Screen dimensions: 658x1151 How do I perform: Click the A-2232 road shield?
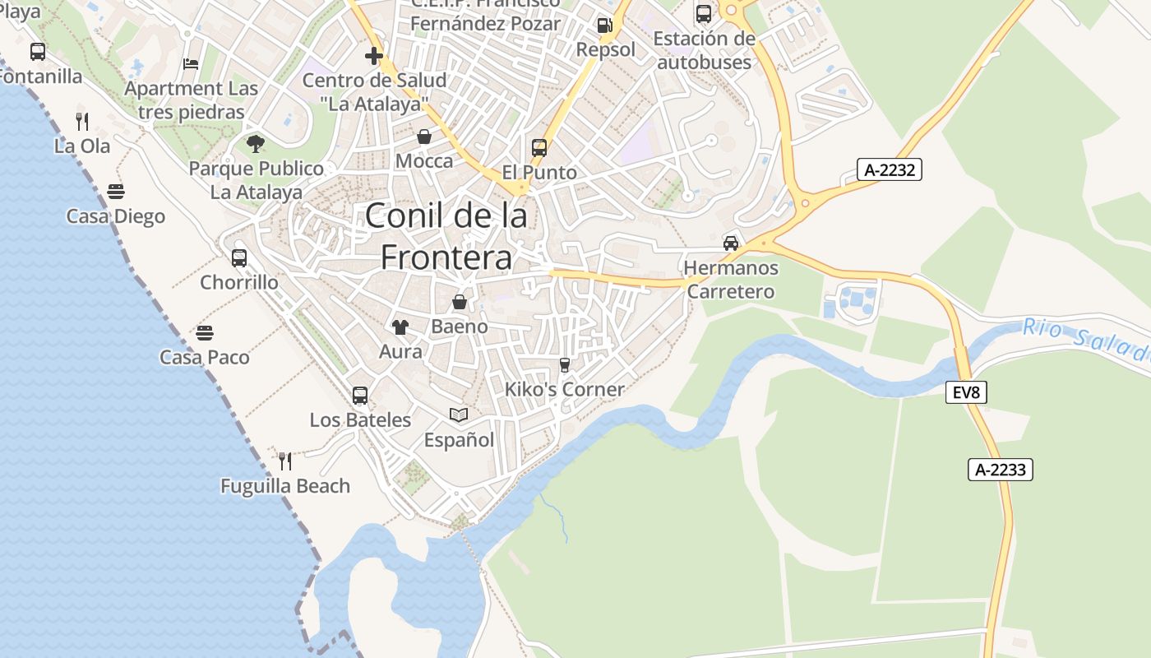890,169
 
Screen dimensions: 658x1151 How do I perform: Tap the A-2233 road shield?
1000,470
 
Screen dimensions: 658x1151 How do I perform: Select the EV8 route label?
965,392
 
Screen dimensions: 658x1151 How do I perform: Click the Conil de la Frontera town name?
446,237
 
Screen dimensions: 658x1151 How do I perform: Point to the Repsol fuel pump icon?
605,25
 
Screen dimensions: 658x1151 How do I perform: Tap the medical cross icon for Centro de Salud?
374,56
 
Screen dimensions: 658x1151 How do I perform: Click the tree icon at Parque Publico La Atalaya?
256,144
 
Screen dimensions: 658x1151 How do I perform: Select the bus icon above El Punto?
539,148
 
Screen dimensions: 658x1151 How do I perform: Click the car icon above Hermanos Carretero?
730,243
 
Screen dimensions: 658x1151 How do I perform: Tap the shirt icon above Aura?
400,327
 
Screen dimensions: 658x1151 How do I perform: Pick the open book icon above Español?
459,415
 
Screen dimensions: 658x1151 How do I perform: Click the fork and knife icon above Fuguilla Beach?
285,461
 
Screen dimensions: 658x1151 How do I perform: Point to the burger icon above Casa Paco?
205,333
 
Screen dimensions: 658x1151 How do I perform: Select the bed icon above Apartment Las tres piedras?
191,64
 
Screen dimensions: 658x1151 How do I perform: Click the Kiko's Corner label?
565,389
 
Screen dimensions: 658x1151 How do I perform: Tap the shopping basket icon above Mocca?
424,137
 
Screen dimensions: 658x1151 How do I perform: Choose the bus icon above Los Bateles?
360,396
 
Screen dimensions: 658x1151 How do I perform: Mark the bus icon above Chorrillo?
239,257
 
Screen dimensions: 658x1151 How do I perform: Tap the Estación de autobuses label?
704,50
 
